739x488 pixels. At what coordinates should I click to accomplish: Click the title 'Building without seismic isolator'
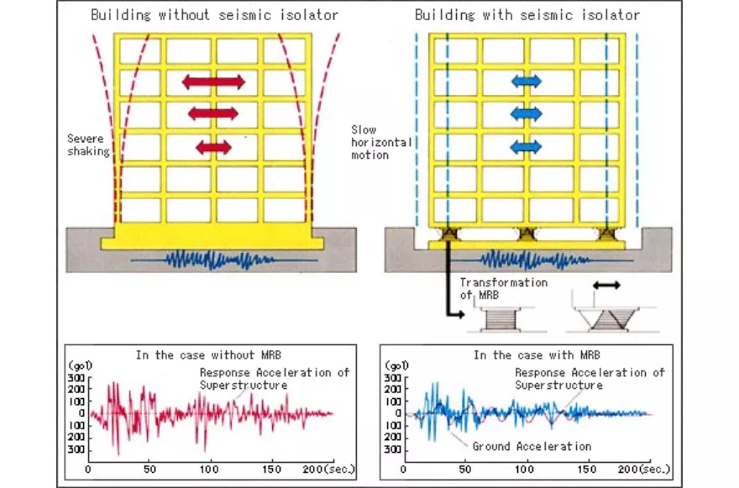pyautogui.click(x=213, y=15)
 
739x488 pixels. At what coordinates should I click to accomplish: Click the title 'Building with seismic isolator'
pyautogui.click(x=527, y=15)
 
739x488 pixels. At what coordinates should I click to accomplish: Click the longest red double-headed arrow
pyautogui.click(x=213, y=81)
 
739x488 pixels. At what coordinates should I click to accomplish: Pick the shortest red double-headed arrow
pyautogui.click(x=213, y=147)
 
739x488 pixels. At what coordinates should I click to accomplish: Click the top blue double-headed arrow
pyautogui.click(x=527, y=81)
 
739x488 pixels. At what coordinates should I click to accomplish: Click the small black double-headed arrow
pyautogui.click(x=606, y=286)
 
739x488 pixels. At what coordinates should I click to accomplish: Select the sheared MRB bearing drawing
pyautogui.click(x=610, y=320)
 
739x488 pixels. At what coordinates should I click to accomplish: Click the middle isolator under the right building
pyautogui.click(x=527, y=234)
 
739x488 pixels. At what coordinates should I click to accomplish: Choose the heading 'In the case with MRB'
pyautogui.click(x=537, y=355)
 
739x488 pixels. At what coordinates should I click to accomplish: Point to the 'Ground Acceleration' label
pyautogui.click(x=531, y=446)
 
